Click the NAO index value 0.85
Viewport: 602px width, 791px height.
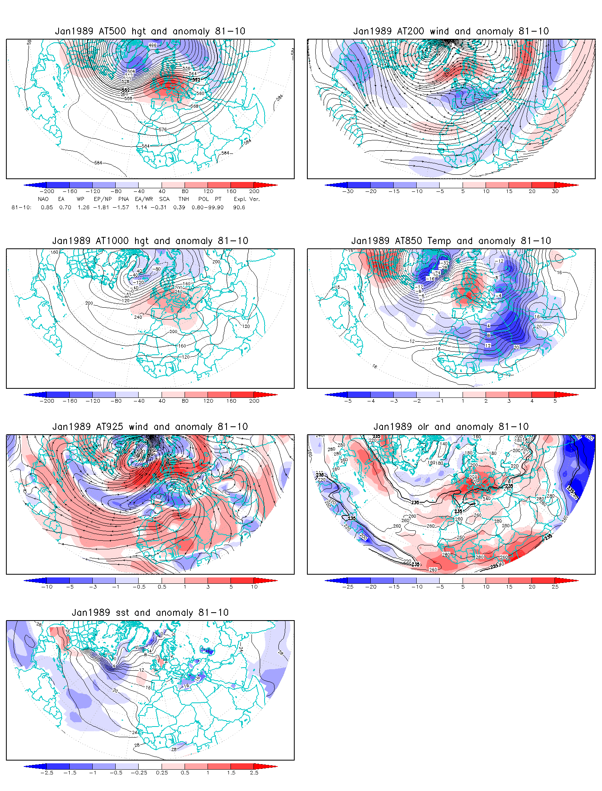[47, 207]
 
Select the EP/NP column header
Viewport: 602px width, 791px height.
[103, 199]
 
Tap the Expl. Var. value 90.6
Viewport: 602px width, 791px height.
[239, 207]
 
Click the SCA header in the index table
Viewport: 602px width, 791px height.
[164, 199]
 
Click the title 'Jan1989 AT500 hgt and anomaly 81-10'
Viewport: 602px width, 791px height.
[150, 31]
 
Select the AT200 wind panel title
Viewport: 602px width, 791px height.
[451, 31]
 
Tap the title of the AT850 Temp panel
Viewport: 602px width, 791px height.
[451, 241]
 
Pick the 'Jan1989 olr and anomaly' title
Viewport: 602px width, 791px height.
[451, 427]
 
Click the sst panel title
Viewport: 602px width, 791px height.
[150, 613]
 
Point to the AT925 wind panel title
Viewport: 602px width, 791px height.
[150, 427]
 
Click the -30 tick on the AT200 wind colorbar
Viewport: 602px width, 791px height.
[348, 191]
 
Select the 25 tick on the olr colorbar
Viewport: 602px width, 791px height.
[555, 587]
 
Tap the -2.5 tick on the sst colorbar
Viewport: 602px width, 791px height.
[47, 772]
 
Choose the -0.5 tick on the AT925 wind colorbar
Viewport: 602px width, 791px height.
[139, 587]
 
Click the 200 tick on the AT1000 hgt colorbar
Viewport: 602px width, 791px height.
[254, 401]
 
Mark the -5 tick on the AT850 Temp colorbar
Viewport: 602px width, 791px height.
[348, 401]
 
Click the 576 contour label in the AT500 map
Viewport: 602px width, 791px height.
[162, 129]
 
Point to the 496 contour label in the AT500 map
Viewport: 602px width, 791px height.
[152, 45]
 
